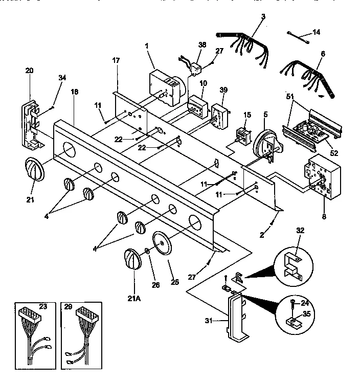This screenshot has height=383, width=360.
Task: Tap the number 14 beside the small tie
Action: (316, 32)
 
